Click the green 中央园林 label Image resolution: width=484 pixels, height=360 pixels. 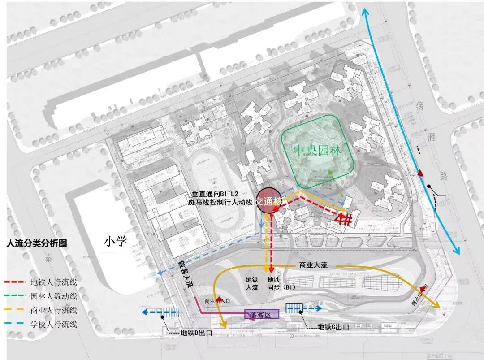tap(317, 150)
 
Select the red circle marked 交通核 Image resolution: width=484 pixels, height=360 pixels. tap(268, 202)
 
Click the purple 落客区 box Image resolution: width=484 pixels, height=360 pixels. tap(261, 314)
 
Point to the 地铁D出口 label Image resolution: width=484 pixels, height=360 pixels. tap(196, 333)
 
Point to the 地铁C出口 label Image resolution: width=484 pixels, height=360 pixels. tap(333, 327)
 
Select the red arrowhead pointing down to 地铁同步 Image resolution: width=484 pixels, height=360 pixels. tap(272, 269)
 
